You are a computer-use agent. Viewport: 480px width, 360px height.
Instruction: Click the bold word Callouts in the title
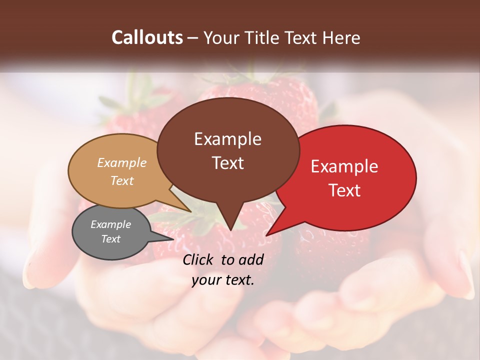[x=147, y=37]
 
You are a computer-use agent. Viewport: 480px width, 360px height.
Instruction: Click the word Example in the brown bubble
[x=227, y=139]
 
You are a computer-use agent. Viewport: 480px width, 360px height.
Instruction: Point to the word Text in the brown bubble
[x=227, y=162]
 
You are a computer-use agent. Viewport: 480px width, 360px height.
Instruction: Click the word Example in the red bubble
[x=344, y=166]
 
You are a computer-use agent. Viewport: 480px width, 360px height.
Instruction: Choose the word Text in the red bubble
[x=344, y=190]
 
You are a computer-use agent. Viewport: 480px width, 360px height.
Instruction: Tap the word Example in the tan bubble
[x=122, y=162]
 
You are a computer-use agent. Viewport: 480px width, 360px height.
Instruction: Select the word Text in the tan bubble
[x=122, y=180]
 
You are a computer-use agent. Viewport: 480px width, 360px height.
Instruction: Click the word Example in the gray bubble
[x=111, y=224]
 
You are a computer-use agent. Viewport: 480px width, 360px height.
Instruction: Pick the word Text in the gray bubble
[x=111, y=239]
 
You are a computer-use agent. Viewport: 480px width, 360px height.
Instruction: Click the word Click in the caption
[x=199, y=260]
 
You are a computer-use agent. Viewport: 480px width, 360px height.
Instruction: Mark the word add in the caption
[x=251, y=260]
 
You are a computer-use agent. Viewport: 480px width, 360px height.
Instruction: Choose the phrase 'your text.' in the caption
[x=223, y=280]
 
